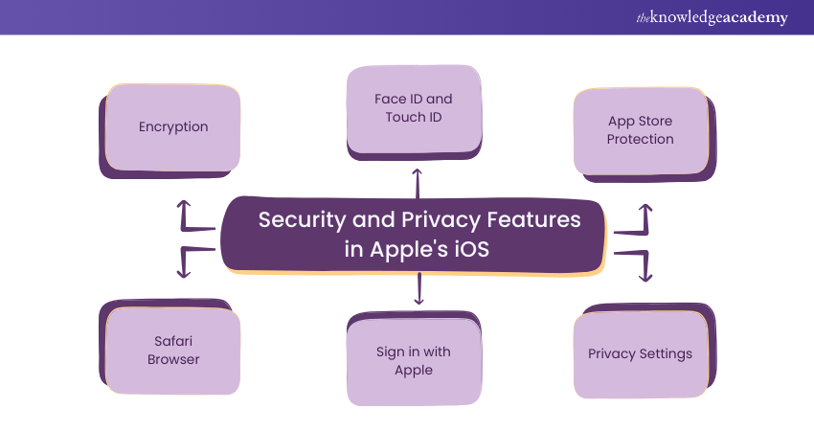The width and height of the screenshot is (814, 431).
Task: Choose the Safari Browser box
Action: point(173,350)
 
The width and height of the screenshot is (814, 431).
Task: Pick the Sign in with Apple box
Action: point(413,360)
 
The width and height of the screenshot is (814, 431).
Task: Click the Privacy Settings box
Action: point(640,353)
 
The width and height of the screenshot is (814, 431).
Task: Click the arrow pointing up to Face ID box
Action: point(417,183)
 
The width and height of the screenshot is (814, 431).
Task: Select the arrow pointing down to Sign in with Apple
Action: point(418,288)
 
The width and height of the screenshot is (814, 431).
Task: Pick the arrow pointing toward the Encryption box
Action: point(192,217)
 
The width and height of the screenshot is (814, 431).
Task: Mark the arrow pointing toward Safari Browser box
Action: point(192,261)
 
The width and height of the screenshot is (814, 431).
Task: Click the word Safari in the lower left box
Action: point(173,341)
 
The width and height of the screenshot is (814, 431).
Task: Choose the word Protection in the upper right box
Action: point(641,139)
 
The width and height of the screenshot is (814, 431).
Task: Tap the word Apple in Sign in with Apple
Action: point(414,370)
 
